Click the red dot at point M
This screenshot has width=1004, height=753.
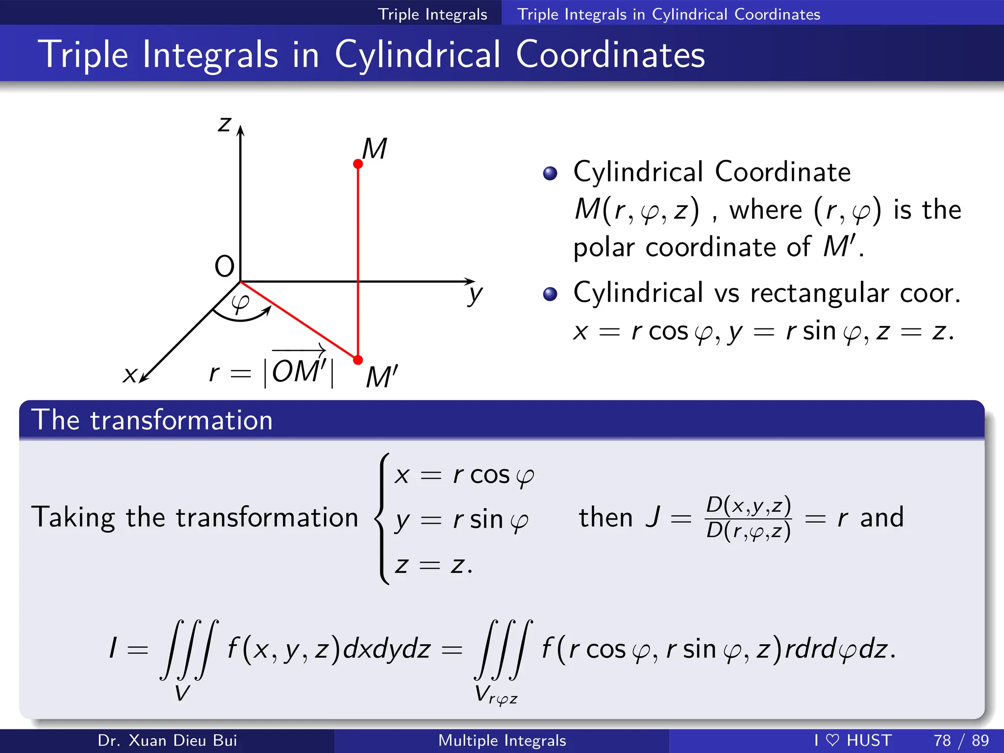(358, 164)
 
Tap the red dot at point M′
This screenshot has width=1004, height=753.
(358, 360)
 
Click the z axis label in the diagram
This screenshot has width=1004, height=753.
(225, 124)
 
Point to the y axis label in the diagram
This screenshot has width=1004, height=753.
(475, 295)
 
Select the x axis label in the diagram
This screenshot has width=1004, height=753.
(130, 375)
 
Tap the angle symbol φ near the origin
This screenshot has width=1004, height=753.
(240, 303)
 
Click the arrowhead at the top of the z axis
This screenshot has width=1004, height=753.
(240, 130)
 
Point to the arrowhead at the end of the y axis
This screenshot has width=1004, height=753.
(470, 281)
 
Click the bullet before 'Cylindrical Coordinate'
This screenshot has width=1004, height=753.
(550, 173)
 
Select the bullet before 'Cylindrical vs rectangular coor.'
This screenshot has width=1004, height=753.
(550, 294)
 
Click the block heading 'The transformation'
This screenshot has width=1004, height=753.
(152, 420)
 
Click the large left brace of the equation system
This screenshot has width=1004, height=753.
(383, 518)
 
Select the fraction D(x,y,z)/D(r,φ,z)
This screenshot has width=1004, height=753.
(748, 518)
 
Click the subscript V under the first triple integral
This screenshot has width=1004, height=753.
(182, 693)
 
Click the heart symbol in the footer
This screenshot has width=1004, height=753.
(832, 740)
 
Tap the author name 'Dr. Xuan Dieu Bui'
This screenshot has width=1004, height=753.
(167, 740)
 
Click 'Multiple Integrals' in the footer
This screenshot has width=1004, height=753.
(502, 740)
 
